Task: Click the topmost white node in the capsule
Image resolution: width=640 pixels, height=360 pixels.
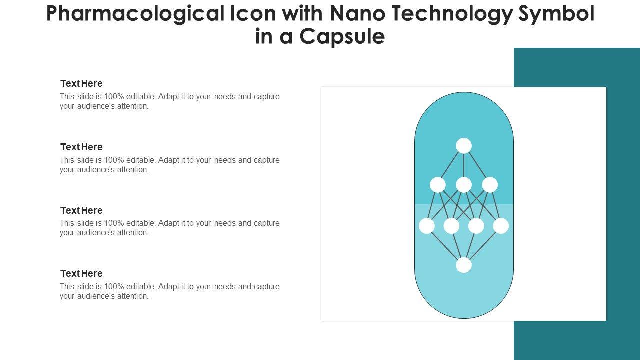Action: (464, 146)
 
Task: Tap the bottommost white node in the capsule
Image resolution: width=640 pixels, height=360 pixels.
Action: (464, 265)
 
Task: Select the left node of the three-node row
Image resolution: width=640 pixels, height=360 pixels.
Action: (438, 185)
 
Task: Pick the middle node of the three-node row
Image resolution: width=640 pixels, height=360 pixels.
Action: (464, 185)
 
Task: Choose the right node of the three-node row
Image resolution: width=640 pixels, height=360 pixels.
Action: (490, 185)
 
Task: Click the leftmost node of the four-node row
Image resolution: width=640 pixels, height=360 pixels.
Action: (427, 226)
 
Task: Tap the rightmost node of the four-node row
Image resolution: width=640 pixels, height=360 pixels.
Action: (501, 226)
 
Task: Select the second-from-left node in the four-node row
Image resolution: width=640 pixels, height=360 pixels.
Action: (451, 226)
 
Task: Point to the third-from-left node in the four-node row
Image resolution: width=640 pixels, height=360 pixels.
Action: (476, 226)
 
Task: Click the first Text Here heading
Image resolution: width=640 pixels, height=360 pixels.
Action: (81, 84)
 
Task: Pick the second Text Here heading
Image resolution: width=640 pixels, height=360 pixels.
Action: (81, 147)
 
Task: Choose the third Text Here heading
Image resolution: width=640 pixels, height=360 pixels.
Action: (81, 211)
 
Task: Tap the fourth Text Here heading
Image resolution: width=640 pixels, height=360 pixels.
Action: (81, 274)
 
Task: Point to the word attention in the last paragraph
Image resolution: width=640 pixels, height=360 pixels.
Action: (133, 296)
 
